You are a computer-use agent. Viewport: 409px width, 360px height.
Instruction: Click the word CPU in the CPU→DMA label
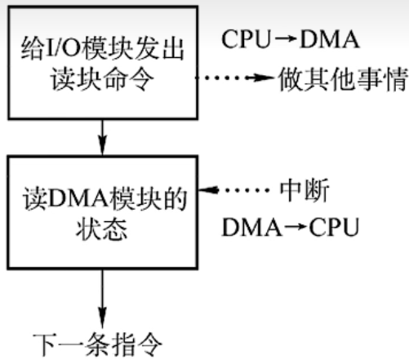(242, 39)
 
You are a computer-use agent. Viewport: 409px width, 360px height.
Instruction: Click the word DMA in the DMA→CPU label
(247, 228)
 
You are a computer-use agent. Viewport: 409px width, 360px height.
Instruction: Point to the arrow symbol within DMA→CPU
(288, 228)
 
